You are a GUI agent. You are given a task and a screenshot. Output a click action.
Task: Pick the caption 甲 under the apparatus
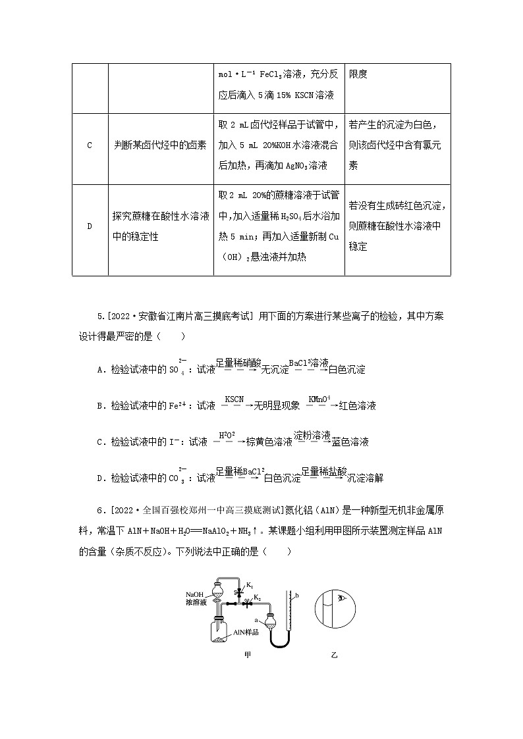(246, 655)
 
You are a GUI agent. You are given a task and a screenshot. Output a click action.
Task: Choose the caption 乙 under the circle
(334, 655)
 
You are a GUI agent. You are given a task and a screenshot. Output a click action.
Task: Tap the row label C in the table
(90, 145)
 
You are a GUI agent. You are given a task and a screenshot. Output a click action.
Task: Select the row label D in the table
(90, 227)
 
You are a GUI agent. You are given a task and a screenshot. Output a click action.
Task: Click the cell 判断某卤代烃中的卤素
(159, 145)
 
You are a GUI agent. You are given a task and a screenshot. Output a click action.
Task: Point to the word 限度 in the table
(358, 74)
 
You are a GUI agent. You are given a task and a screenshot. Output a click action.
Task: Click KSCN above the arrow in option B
(234, 399)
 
